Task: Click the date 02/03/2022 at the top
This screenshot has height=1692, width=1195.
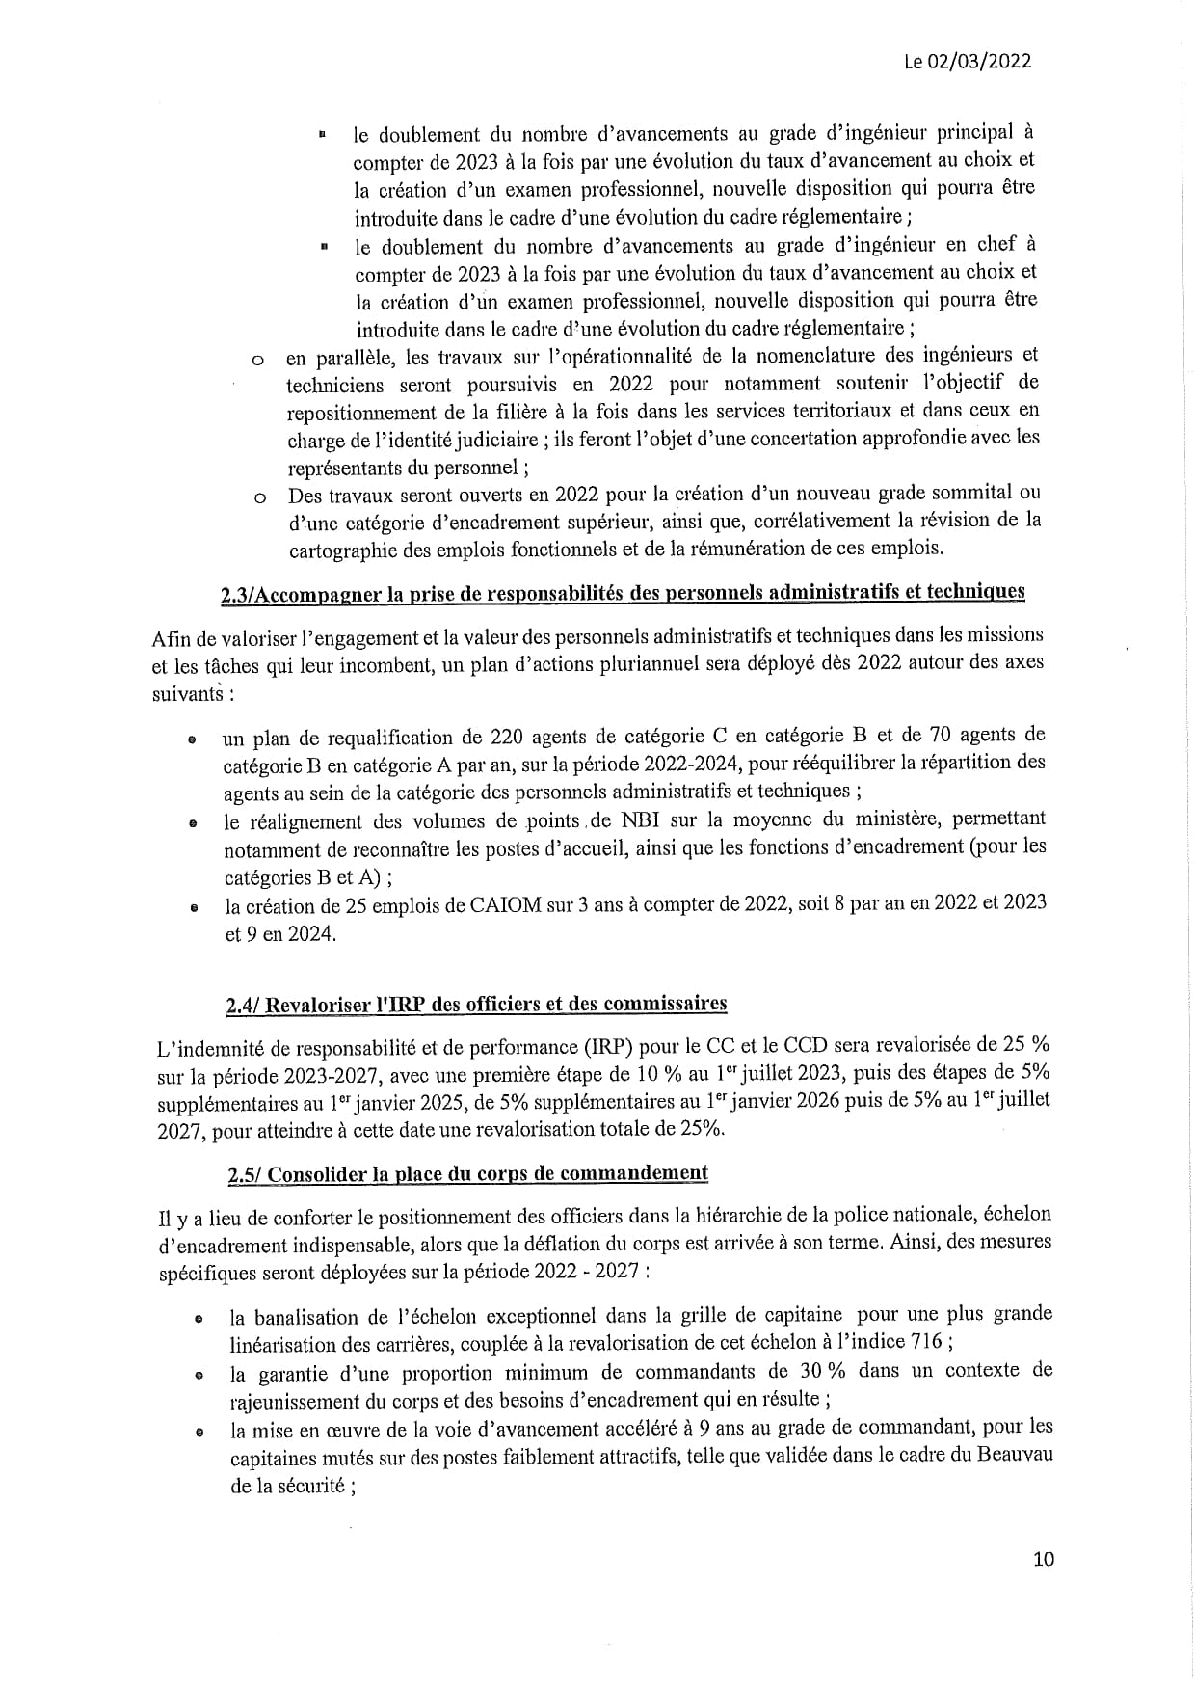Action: coord(980,62)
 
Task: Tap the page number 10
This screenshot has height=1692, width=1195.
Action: coord(1043,1559)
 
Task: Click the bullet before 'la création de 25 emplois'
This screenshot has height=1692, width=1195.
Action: coord(194,907)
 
